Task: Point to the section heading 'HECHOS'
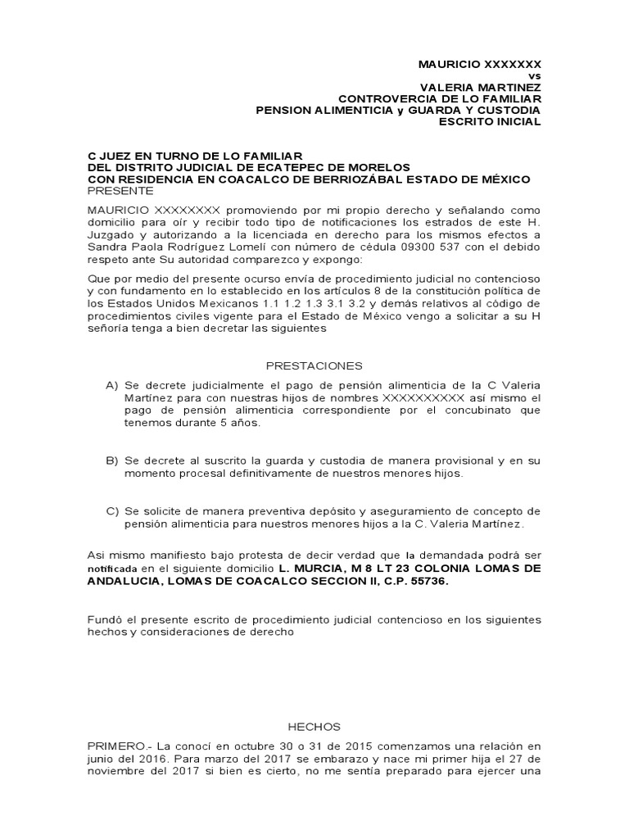(314, 726)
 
